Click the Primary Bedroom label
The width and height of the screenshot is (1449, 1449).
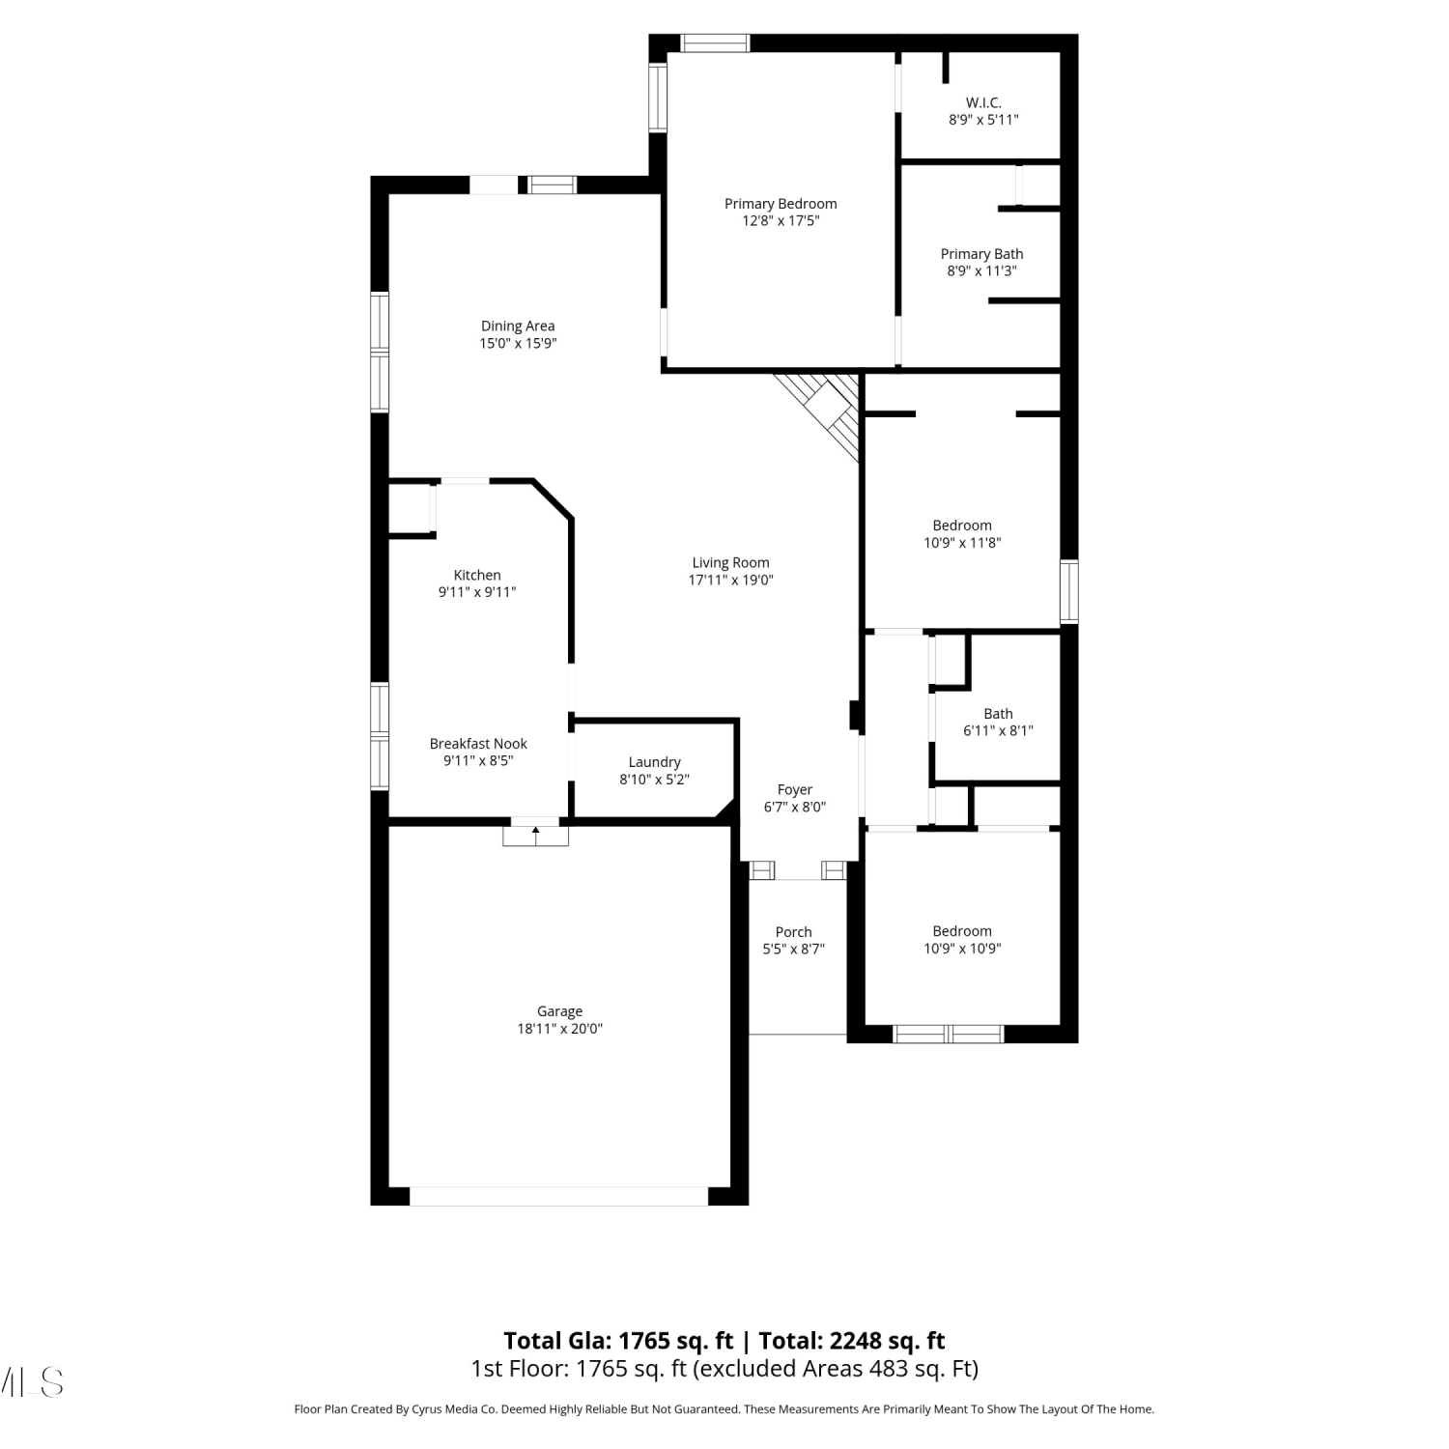[781, 204]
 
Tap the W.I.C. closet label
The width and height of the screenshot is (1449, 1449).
[983, 102]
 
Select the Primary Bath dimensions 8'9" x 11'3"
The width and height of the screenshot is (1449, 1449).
[981, 271]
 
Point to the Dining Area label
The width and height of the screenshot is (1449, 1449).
[518, 327]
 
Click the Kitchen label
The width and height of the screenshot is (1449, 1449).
[477, 575]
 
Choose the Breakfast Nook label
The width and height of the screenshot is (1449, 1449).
[478, 744]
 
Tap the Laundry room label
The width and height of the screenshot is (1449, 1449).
[654, 762]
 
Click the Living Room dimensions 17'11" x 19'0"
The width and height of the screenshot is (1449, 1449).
[731, 581]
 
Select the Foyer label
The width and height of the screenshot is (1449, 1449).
[795, 790]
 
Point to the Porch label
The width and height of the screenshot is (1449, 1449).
[794, 932]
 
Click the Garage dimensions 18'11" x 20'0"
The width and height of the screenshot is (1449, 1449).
[560, 1029]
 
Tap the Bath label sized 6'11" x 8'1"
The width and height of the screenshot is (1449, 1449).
[998, 714]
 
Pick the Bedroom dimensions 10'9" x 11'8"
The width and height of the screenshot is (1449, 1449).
[962, 543]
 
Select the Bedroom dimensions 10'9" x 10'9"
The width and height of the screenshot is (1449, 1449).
[962, 949]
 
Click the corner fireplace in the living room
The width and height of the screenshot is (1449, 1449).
[822, 412]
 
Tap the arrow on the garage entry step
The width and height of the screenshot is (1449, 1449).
[536, 830]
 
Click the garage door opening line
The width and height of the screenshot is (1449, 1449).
[559, 1196]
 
